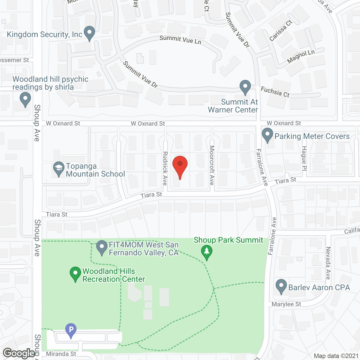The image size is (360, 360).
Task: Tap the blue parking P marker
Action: (71, 330)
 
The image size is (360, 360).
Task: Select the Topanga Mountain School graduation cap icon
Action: (58, 169)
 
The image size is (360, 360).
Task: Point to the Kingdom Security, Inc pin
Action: (89, 33)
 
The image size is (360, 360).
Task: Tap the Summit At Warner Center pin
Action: (245, 87)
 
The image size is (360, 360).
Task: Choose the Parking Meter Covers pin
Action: (267, 135)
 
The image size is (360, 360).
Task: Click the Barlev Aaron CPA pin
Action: (281, 286)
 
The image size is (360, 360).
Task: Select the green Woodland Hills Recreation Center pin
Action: (75, 274)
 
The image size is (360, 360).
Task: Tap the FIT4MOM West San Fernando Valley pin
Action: (102, 247)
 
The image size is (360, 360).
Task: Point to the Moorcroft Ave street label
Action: (212, 165)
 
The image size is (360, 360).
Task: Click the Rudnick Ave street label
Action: (165, 168)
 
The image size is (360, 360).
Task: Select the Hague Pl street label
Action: (304, 158)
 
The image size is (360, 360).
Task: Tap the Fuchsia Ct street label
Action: (275, 92)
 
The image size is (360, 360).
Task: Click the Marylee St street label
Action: (286, 304)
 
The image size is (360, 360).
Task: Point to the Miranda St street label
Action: (61, 354)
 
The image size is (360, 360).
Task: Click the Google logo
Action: (19, 353)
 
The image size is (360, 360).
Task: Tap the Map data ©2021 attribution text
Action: (336, 356)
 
